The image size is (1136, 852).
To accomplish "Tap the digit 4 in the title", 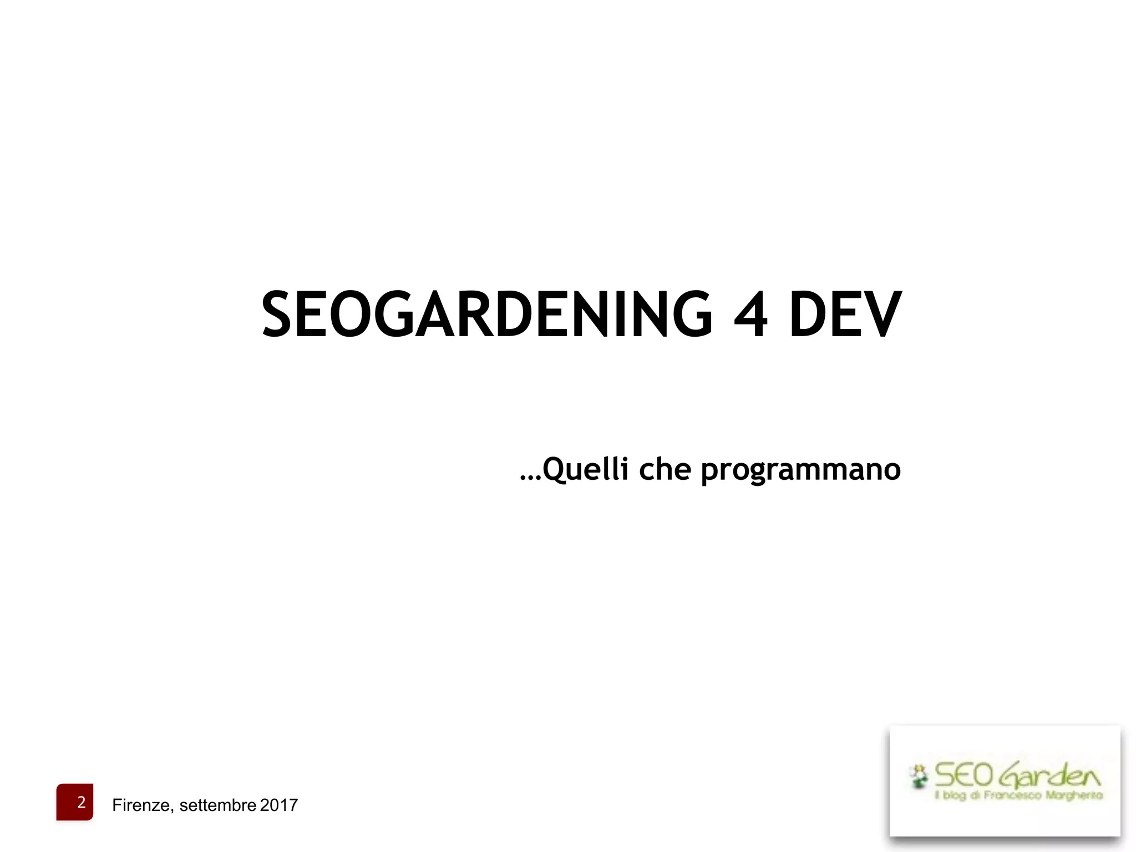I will tap(750, 314).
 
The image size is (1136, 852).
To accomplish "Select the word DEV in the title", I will tap(845, 314).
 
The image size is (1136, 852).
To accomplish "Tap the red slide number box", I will tap(75, 802).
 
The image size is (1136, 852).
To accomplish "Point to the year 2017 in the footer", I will tap(279, 805).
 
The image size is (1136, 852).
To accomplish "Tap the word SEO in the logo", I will tap(963, 775).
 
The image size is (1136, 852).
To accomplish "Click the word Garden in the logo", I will tap(1050, 775).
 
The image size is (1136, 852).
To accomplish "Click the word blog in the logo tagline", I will tap(954, 795).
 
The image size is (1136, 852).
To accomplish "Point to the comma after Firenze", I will tap(173, 810).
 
